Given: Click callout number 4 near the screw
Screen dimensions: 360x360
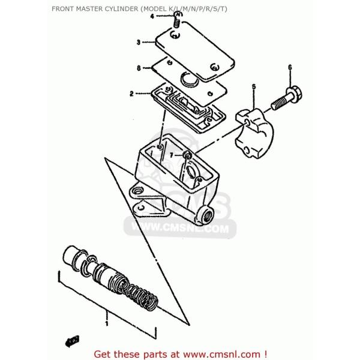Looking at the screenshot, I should point(152,16).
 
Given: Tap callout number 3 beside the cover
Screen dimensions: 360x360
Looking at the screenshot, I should point(138,43).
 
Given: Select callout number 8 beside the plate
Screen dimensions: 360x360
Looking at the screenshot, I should point(138,68).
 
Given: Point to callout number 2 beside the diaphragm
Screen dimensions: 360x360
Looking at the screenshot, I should point(131,94).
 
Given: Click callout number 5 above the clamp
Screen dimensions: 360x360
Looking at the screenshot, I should point(254,87).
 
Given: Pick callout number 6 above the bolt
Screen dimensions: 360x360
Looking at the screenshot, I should point(290,67).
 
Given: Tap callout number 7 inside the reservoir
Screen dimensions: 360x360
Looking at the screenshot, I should point(171,155).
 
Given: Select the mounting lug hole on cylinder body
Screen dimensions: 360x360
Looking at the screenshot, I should point(139,191).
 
